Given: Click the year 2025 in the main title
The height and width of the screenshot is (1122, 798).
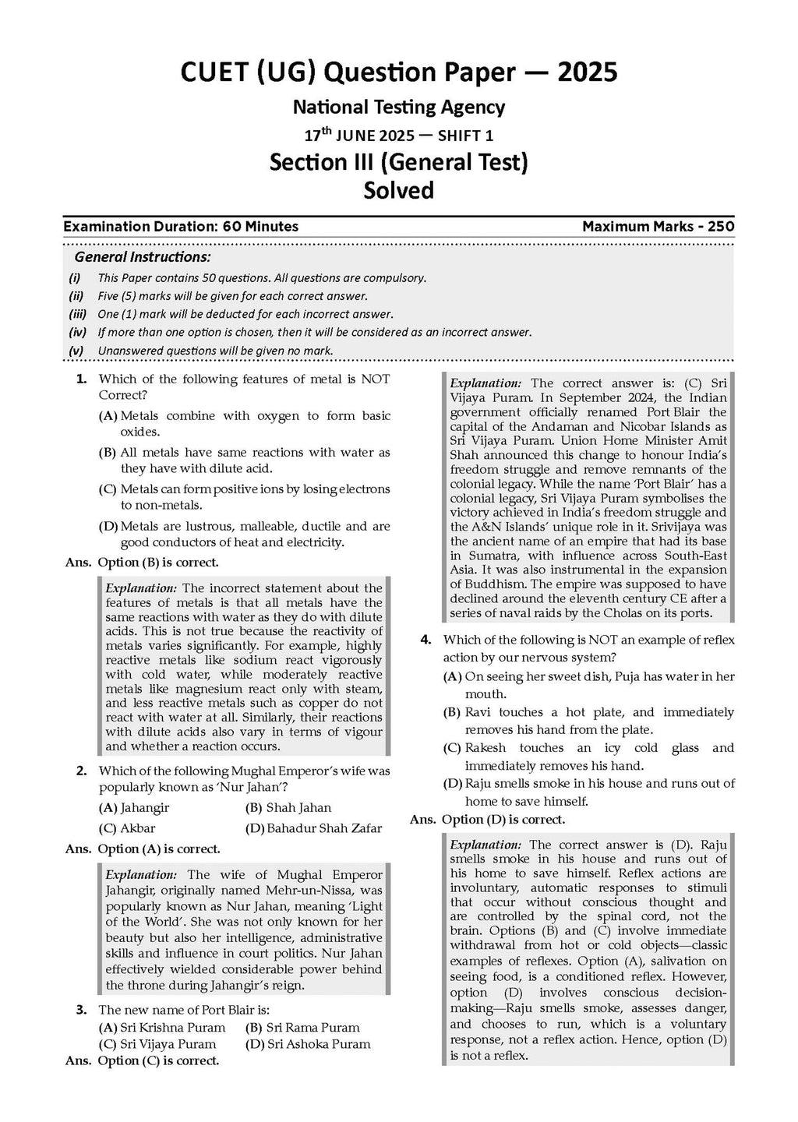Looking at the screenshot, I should point(587,72).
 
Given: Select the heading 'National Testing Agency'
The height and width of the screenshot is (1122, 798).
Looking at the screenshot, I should point(399,107).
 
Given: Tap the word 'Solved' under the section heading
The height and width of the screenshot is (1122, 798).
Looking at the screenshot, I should point(399,190).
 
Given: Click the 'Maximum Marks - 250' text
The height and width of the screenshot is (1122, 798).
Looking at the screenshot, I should point(658,227).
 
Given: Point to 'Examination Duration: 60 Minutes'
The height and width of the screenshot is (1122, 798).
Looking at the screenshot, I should point(181,227).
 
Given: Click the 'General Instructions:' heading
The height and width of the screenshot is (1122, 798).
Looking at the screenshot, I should point(142,257).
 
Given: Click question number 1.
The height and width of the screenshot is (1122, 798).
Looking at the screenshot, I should point(81,379).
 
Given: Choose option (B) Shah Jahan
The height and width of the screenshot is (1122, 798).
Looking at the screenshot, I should point(288,807).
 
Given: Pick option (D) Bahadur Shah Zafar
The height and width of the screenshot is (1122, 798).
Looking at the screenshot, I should point(313,828).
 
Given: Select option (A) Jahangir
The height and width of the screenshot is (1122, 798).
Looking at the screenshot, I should point(134,807).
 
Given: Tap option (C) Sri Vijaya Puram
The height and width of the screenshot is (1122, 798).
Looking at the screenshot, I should point(157,1044).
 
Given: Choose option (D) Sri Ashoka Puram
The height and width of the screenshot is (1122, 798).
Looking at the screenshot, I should point(307,1044).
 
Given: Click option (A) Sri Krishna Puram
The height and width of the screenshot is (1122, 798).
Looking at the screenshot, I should point(162,1027).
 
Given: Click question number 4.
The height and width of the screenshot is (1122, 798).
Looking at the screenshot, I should point(425,640).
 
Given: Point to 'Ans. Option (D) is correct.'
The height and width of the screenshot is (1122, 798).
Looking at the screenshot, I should point(488,820).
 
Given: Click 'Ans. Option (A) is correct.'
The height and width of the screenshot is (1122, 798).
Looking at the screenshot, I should point(143,849).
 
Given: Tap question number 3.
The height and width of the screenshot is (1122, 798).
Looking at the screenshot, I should point(81,1010).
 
